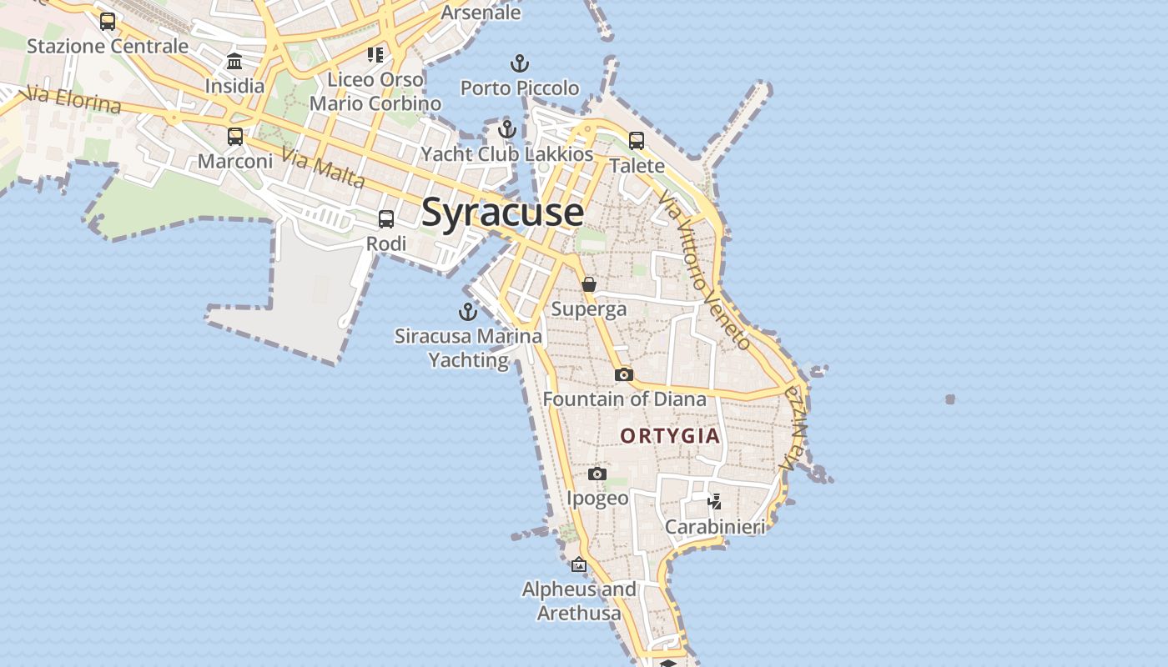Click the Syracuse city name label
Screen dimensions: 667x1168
(x=502, y=213)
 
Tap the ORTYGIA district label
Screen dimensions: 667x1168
(x=670, y=436)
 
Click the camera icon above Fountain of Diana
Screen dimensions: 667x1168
(x=624, y=375)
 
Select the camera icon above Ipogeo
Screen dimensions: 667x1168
(x=597, y=474)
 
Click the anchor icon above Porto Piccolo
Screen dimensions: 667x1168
(x=520, y=63)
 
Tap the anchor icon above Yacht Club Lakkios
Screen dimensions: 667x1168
(x=507, y=129)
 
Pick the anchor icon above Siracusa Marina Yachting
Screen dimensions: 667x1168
(x=468, y=312)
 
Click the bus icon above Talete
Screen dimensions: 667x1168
(x=637, y=140)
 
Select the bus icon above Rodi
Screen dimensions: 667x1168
(x=386, y=219)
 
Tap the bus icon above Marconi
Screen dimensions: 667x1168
(x=235, y=137)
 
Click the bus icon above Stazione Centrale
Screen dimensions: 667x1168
(x=108, y=22)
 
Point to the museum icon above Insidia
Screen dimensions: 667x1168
(x=234, y=62)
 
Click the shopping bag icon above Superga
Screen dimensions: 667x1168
(x=589, y=285)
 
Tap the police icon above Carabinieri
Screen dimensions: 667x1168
(x=714, y=502)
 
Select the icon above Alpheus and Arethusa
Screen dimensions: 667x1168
(x=579, y=565)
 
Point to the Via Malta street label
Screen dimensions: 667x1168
(x=323, y=168)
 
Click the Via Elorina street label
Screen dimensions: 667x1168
(x=73, y=99)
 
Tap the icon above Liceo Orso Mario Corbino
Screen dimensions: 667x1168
(x=375, y=55)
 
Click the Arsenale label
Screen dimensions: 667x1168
(x=481, y=13)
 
